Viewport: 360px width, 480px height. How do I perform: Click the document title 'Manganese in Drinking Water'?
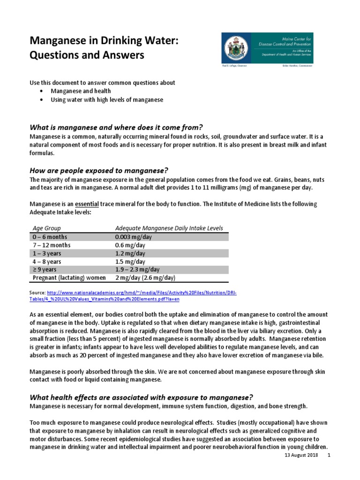(104, 42)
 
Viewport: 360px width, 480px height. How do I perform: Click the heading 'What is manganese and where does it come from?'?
(116, 127)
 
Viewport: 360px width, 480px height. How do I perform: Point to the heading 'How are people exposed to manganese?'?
(99, 170)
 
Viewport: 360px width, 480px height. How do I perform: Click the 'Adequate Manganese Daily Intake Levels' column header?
(169, 228)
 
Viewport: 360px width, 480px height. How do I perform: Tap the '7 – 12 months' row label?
(52, 245)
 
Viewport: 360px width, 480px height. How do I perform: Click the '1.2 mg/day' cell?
(130, 253)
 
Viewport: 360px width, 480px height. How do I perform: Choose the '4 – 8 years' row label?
(48, 262)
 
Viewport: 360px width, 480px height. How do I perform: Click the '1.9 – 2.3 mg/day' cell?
(137, 270)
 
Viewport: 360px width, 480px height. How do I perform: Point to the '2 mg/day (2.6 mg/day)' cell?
(145, 278)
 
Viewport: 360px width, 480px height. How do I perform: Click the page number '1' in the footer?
(329, 456)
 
